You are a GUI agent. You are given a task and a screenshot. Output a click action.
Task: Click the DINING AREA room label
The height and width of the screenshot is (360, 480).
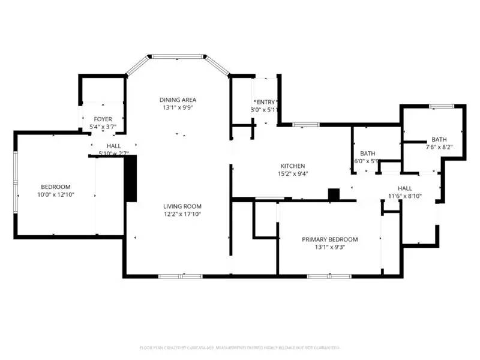(178, 100)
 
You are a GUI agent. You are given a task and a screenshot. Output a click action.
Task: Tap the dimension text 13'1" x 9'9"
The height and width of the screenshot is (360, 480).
(178, 108)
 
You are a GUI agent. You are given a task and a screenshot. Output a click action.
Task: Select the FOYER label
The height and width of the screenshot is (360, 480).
(103, 119)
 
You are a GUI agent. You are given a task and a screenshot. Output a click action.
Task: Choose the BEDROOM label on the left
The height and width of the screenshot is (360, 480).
(56, 187)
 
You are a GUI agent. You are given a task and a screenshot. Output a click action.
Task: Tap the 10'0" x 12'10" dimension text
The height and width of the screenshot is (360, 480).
(56, 195)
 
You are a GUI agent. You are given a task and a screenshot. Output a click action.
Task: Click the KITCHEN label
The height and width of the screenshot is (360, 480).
(293, 166)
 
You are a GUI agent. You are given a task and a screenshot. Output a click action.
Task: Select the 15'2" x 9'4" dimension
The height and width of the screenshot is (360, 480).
(293, 175)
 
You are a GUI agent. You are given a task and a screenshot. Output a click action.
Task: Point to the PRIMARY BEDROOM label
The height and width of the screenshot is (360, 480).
(329, 239)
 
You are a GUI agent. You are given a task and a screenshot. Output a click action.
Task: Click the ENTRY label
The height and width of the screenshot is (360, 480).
(265, 102)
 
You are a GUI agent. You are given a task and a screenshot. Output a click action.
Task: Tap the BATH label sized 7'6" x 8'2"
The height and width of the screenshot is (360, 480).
(439, 139)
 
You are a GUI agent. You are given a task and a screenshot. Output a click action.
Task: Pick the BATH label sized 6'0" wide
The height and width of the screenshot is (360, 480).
(367, 153)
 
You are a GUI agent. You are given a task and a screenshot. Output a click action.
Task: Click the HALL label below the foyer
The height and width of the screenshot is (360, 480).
(113, 146)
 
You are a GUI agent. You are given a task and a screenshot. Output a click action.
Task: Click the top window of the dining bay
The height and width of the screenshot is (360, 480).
(178, 56)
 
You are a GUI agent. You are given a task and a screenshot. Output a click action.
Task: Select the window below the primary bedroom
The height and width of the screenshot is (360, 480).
(329, 276)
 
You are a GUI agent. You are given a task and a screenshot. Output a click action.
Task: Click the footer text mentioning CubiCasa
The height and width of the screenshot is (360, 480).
(240, 347)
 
